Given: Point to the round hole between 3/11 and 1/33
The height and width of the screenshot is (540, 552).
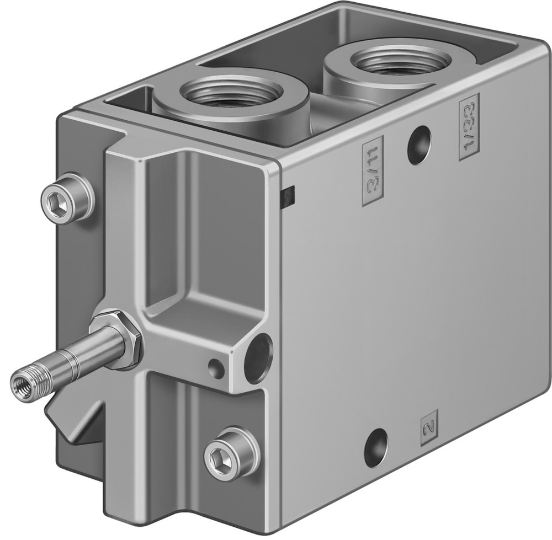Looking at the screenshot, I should pyautogui.click(x=419, y=145).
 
